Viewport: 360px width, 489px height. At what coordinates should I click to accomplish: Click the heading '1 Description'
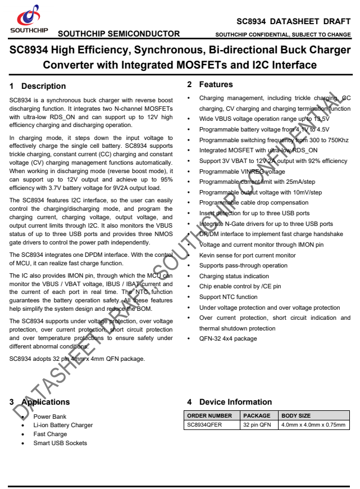(38, 86)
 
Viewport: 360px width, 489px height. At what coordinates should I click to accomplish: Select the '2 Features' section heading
(209, 84)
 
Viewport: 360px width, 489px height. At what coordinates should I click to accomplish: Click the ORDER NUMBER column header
(209, 416)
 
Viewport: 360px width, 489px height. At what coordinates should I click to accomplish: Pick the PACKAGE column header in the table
(256, 416)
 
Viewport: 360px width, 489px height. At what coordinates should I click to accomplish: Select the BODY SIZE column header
(296, 416)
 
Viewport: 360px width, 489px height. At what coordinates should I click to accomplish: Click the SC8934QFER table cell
(204, 425)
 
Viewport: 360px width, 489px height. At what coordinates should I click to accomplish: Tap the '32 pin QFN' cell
(257, 425)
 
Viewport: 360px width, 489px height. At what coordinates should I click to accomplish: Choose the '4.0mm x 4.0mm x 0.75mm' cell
(313, 425)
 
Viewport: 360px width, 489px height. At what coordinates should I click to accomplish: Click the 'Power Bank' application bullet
(50, 417)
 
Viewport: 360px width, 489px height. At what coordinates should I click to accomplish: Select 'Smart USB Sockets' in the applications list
(60, 443)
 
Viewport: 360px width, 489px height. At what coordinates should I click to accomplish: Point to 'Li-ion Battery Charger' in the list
(63, 425)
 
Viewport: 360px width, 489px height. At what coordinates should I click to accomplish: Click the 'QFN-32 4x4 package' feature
(228, 338)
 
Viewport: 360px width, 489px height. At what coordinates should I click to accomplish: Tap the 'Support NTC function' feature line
(228, 297)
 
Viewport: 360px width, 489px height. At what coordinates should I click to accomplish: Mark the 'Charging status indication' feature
(234, 276)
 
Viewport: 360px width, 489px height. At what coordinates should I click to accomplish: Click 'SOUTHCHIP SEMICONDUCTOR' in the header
(122, 34)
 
